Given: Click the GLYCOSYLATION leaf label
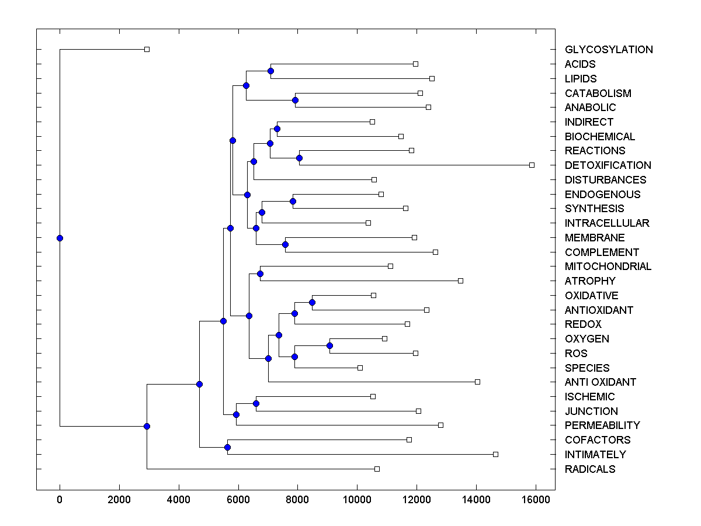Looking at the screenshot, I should pos(609,50).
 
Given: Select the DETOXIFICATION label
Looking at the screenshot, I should pos(608,165).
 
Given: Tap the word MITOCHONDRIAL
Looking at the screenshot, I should pos(608,267).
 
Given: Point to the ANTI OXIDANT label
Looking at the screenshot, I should pos(600,382).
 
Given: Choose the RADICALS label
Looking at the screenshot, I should pos(590,469).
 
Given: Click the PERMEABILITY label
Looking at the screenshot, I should pos(602,425).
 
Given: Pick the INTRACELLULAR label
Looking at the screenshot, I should pos(607,223).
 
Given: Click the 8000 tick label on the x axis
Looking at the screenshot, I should pos(297,500).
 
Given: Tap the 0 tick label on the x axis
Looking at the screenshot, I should pos(60,500).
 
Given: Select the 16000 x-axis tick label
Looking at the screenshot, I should pos(535,500).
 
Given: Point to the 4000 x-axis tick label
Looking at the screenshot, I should pos(179,500).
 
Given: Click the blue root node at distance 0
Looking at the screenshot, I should pos(60,238).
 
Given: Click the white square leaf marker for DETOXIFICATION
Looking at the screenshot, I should pos(532,165).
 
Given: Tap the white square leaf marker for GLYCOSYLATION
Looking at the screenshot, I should pos(147,50).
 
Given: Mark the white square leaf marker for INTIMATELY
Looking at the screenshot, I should pos(495,454).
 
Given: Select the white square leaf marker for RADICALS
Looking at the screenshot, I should pos(377,469).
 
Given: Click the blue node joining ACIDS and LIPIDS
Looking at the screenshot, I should pos(270,71).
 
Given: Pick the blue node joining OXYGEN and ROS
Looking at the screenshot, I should pos(329,346).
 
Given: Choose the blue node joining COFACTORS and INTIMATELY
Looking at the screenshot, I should pos(227,447).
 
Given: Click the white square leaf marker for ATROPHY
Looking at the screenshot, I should pos(460,281).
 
